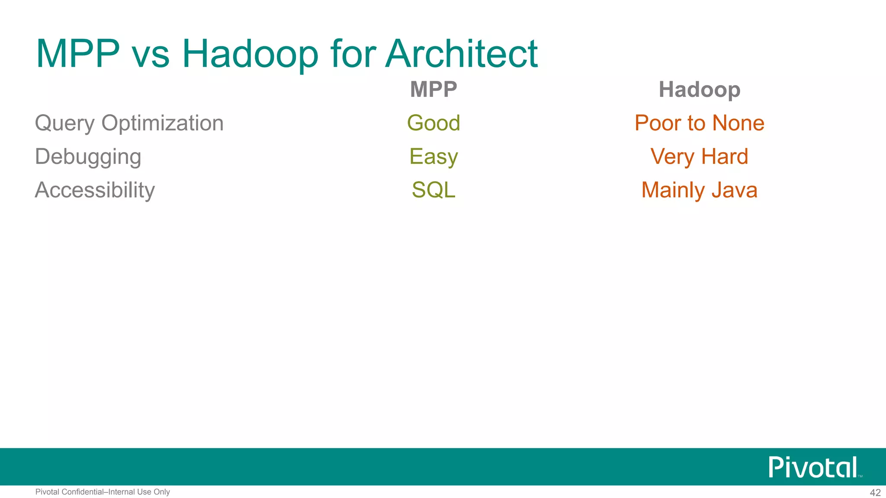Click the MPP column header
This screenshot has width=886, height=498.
(433, 89)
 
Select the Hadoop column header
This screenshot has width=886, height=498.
(699, 89)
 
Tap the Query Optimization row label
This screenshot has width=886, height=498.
(129, 123)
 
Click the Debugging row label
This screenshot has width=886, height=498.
(88, 156)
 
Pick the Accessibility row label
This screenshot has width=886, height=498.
(95, 190)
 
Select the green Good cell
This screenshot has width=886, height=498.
(433, 123)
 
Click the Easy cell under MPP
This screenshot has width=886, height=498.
(433, 156)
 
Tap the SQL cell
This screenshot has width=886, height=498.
(433, 190)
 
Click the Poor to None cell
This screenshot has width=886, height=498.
(699, 123)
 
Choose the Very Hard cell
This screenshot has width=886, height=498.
(699, 156)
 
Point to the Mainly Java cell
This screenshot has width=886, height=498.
(699, 190)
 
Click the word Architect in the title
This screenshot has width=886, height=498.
(461, 54)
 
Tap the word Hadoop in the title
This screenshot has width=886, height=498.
(250, 54)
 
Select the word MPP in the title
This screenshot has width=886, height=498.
(78, 54)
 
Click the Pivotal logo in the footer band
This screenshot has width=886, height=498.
(813, 467)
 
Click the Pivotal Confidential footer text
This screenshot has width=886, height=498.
(103, 492)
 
